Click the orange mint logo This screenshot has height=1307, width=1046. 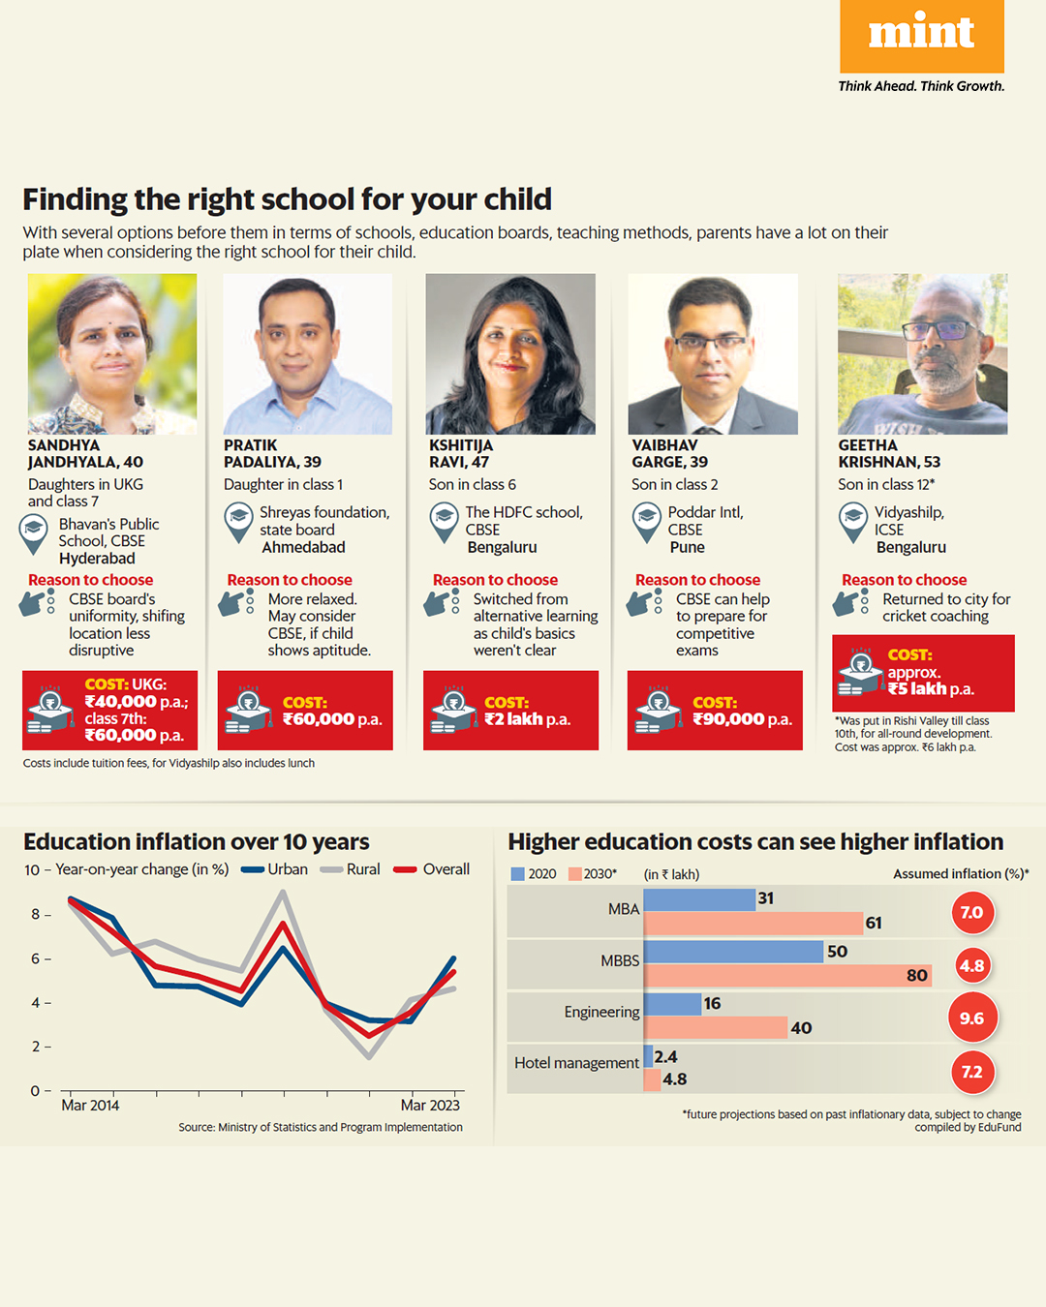[921, 36]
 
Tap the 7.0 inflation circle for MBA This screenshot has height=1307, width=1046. [971, 913]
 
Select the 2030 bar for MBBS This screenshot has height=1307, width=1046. [786, 975]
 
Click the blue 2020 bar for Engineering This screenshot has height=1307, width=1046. [672, 1004]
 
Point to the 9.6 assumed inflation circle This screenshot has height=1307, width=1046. [971, 1018]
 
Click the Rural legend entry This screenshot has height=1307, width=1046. [351, 869]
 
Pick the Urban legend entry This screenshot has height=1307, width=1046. [275, 869]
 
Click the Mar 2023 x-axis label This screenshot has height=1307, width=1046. [430, 1106]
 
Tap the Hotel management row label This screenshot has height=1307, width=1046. [576, 1063]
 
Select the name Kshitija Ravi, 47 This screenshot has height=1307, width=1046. [461, 454]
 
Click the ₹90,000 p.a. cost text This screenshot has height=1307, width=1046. [742, 719]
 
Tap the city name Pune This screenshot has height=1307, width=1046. [687, 548]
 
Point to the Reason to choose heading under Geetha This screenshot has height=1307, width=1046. [904, 580]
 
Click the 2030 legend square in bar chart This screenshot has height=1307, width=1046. [575, 874]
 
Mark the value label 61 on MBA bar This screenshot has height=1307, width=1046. [874, 924]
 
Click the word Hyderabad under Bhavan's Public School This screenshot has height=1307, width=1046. [97, 559]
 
